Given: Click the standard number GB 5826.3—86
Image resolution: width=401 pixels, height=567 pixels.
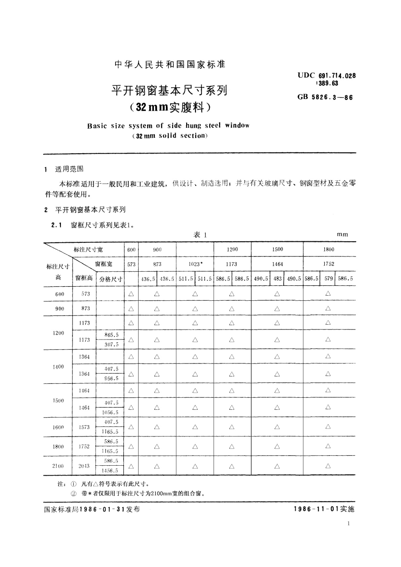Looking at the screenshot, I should point(325,98).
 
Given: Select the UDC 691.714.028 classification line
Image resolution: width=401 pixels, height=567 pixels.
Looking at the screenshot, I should point(326,76).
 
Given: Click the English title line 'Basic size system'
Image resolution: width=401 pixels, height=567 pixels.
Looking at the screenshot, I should point(168,126).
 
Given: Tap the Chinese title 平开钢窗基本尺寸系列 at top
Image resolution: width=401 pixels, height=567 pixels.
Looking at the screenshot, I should point(169,90).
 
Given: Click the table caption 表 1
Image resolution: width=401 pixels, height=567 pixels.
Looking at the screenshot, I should point(200,235).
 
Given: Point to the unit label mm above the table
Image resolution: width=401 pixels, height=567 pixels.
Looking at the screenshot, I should point(342,234).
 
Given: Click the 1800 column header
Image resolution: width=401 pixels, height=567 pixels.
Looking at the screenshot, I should point(329,249).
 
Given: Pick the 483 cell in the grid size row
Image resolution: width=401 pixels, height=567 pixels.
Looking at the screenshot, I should point(277,279).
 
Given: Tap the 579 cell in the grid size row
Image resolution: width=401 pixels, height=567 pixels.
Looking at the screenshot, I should point(329,279).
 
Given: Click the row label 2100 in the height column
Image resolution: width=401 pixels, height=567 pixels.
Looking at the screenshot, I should point(58,466).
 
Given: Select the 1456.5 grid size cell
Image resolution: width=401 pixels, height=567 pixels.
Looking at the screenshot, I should point(110,471).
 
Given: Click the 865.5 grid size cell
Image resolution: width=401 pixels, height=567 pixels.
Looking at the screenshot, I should point(111,335).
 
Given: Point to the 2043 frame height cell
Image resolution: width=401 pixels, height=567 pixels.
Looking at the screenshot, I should point(84,466).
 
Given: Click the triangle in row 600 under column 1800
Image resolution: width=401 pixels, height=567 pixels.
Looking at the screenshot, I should point(328,294).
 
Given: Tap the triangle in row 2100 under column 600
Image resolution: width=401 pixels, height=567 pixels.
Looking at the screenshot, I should point(131,466).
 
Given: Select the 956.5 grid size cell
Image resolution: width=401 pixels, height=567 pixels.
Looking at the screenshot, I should point(111,378).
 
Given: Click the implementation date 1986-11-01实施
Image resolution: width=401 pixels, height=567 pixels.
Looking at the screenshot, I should point(324,509).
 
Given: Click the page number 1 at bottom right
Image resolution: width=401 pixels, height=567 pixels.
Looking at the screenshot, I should point(348,523).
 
